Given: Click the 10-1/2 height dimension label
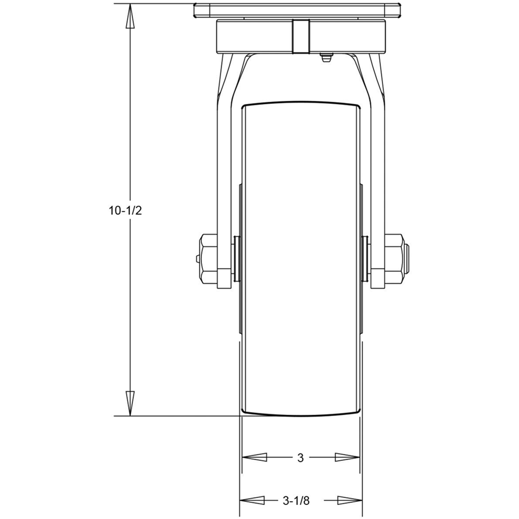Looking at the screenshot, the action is point(126,211).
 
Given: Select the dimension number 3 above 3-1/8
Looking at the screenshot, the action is point(301,458).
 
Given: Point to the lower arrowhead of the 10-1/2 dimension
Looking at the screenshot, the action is point(130,403).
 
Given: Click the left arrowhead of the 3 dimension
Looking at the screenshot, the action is point(254,457).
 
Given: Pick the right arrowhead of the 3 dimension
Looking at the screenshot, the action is point(347,457).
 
